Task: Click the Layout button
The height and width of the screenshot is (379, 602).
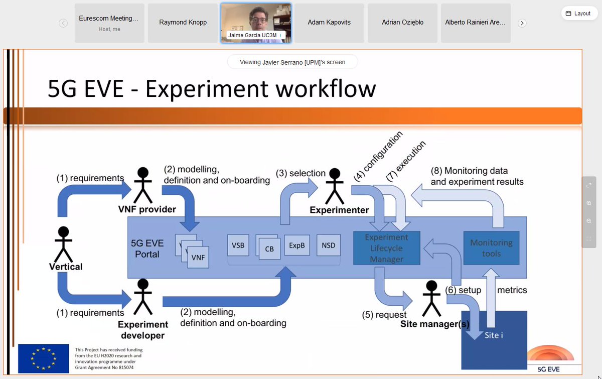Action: pos(579,14)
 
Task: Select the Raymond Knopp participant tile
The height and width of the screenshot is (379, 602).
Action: pos(183,23)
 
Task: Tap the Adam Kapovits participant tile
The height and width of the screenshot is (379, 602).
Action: pos(329,23)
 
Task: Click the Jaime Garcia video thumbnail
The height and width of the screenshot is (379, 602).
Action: pos(256,23)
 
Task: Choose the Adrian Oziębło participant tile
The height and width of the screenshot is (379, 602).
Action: pos(402,23)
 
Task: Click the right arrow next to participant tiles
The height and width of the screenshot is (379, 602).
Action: pos(522,23)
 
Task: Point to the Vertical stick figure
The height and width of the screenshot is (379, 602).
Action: pos(63,243)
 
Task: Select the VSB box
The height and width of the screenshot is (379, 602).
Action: pos(238,245)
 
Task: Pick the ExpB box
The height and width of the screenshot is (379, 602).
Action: pos(297,245)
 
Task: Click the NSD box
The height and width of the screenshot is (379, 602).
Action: pos(329,245)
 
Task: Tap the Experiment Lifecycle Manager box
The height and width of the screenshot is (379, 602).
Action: pos(386,248)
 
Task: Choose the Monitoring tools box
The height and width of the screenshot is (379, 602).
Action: pos(491,248)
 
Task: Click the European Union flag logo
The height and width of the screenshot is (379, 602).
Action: pos(44,358)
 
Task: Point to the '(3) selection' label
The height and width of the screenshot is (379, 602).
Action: pos(300,173)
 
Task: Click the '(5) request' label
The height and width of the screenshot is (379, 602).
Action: pos(384,315)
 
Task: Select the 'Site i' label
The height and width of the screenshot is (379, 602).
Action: pos(494,335)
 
